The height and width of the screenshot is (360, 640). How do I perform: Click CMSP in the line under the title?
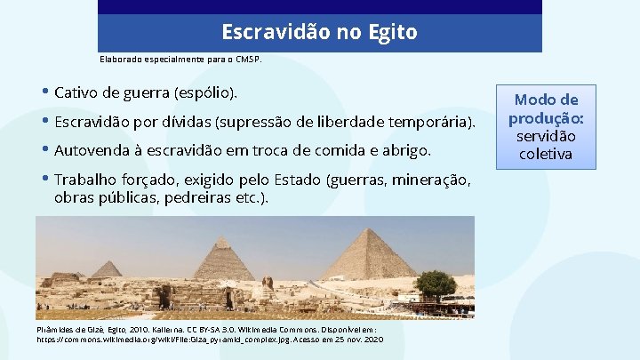click(248, 60)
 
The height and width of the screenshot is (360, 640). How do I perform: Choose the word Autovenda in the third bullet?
click(93, 148)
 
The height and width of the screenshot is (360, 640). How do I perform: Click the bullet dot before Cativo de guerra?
click(45, 92)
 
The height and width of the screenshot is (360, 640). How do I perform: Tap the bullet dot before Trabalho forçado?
click(45, 180)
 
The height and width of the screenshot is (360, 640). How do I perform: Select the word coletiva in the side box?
click(546, 155)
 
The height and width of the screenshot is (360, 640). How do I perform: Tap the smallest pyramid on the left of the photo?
click(108, 269)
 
